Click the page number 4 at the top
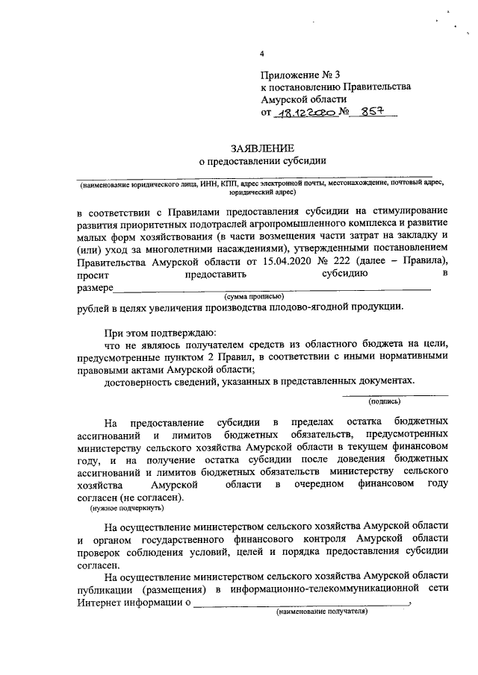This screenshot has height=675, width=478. coord(261,54)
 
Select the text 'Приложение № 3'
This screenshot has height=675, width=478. coord(295,75)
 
